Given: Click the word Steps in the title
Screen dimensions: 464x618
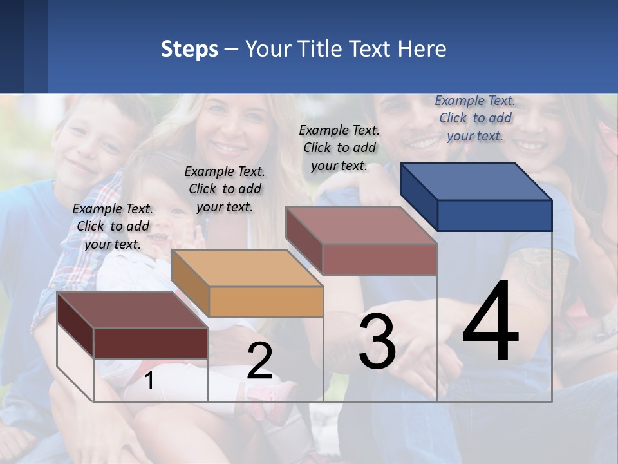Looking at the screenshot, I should coord(189,49).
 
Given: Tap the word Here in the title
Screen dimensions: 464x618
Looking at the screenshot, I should coord(421,49).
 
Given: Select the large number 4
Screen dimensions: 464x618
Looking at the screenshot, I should coord(491,322).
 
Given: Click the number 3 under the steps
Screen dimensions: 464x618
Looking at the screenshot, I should coord(377,342).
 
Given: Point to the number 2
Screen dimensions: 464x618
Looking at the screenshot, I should coord(259,361).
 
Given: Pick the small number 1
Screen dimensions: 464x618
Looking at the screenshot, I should coord(149,380).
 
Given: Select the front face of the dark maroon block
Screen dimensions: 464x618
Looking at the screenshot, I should coord(151,343).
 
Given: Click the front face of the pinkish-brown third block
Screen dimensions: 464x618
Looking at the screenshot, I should coord(380,259).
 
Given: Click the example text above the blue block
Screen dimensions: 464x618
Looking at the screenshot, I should coord(475,118).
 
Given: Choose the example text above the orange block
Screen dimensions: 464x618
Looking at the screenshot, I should coord(225,189).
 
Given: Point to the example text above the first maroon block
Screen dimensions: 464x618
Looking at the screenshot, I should coord(113,226).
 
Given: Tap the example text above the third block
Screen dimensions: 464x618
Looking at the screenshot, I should coord(339,148).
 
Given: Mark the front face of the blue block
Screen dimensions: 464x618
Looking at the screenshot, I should coord(494,215).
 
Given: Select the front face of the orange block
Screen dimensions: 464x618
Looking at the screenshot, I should coord(266,302).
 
